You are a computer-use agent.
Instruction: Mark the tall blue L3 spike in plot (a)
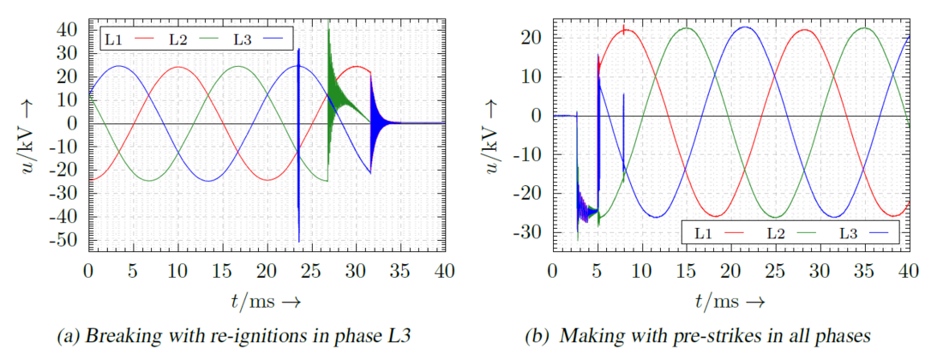pyautogui.click(x=298, y=69)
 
